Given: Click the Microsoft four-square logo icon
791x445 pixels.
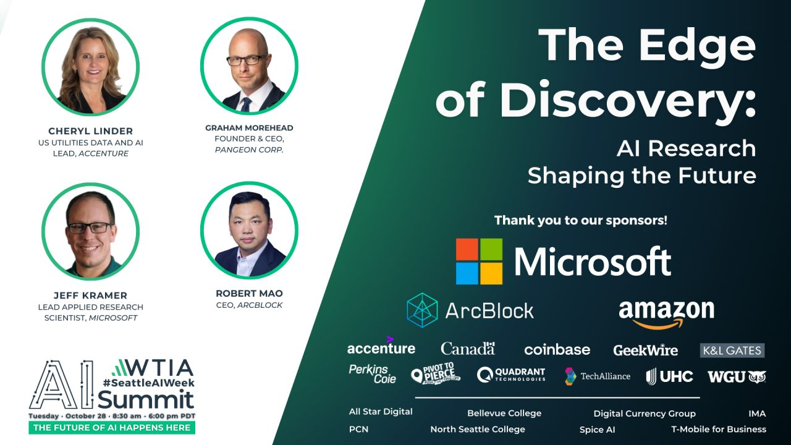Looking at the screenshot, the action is [479, 261].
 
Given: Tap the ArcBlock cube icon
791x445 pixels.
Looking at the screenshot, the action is [422, 310].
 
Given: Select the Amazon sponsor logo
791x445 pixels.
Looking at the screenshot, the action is [666, 315].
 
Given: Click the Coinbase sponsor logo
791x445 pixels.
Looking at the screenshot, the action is [557, 350].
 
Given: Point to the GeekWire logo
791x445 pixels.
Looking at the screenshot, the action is [646, 350].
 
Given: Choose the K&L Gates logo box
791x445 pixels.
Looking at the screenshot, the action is [732, 350].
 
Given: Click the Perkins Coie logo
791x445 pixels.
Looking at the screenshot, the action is [373, 374].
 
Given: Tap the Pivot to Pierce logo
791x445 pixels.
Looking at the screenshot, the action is [436, 373].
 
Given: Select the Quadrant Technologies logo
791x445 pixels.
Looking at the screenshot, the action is [511, 375].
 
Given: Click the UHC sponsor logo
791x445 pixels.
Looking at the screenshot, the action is [669, 376].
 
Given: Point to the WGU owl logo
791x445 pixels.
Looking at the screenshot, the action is [737, 377].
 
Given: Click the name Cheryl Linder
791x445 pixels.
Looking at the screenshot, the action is [91, 131].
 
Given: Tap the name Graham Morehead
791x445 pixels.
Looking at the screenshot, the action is [249, 128].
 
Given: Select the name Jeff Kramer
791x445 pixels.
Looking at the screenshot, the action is [90, 295].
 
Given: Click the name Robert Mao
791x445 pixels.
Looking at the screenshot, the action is [249, 294].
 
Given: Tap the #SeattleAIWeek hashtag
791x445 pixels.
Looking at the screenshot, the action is [149, 383].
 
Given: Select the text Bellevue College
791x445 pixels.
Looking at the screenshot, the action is [504, 413].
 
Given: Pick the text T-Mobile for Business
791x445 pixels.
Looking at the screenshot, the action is [719, 429].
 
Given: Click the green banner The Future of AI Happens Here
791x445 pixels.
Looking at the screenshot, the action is [112, 428].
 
